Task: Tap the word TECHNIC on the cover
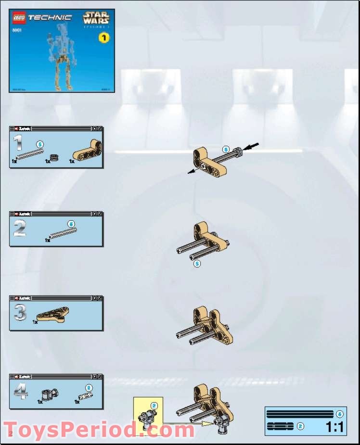tap(50, 18)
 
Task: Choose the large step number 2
tap(19, 228)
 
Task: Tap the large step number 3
tap(20, 313)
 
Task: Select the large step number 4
tap(20, 391)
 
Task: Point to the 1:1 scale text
tap(334, 427)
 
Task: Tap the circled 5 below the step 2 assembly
tap(196, 264)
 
